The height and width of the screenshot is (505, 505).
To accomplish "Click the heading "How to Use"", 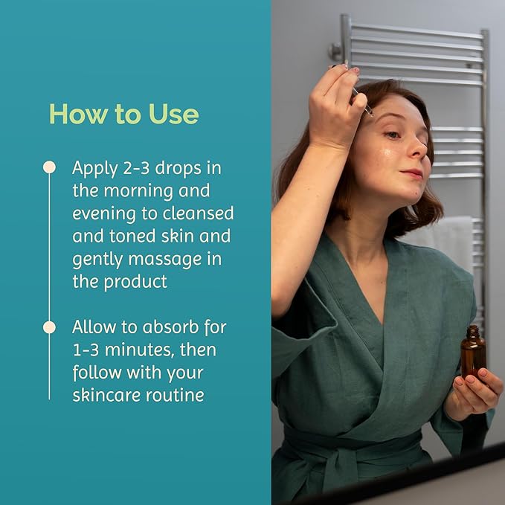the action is tap(124, 114).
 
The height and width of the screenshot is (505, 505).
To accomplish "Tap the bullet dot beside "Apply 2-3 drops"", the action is tap(49, 167).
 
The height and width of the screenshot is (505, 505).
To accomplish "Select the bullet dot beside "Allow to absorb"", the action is tap(49, 327).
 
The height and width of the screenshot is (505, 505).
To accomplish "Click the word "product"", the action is tap(135, 282).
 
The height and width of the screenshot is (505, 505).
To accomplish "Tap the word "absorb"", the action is tap(171, 327).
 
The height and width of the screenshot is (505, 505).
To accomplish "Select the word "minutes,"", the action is tap(140, 350).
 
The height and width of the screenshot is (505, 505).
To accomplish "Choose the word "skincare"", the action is tap(106, 395).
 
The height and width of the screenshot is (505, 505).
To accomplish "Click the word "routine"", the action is tap(175, 396).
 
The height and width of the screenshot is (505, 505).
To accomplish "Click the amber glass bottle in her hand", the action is tap(473, 353).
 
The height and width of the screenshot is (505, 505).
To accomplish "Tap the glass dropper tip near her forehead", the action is tap(371, 113).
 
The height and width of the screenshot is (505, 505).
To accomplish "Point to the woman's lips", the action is tap(412, 174).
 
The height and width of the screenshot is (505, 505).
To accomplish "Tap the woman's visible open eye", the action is tap(393, 135).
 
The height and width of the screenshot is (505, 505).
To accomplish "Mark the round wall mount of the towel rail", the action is tap(335, 51).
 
